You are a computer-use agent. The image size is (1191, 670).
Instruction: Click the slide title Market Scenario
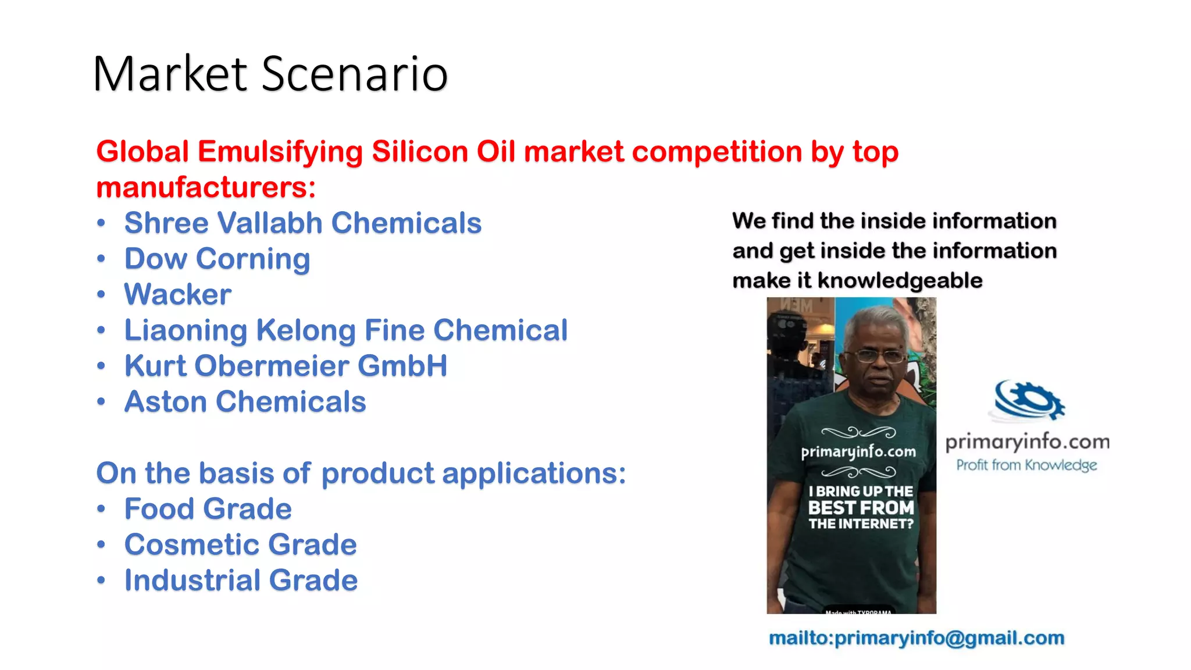click(270, 74)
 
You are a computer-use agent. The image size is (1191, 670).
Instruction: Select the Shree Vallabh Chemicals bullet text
click(302, 223)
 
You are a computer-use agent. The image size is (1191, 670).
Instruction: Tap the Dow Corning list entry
click(217, 259)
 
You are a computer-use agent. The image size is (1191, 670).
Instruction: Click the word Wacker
click(178, 294)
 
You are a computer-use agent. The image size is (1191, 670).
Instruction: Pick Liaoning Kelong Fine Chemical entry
click(346, 330)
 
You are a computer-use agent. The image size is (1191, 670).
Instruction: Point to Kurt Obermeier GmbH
click(286, 366)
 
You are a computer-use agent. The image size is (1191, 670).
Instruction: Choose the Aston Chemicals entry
click(245, 402)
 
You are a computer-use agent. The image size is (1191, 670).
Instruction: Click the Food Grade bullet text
click(208, 509)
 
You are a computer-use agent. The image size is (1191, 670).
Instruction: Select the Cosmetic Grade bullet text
click(240, 545)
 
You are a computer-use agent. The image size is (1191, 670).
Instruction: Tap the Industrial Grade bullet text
click(241, 580)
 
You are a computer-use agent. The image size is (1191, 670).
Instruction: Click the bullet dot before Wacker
click(101, 295)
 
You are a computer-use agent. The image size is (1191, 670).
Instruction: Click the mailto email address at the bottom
click(917, 638)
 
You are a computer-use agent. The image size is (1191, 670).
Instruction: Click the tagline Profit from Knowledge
click(1026, 465)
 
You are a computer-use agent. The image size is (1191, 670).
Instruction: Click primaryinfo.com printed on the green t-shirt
click(858, 452)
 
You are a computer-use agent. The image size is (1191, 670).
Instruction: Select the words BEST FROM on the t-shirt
click(861, 508)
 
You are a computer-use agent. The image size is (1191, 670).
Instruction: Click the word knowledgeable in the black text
click(900, 281)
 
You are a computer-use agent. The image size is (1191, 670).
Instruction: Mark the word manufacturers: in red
click(206, 188)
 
